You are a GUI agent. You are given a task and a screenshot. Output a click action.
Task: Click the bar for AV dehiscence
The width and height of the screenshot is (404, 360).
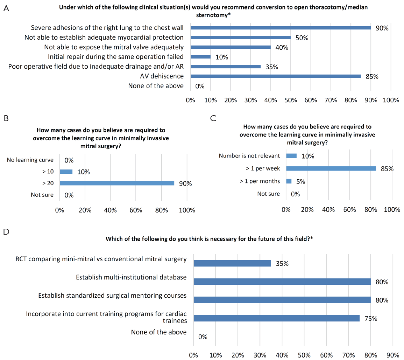(x=276, y=76)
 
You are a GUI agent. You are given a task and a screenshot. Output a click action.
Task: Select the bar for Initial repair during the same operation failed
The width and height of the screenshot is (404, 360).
(x=201, y=57)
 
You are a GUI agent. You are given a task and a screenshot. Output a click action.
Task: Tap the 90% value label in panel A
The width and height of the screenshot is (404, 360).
(x=382, y=28)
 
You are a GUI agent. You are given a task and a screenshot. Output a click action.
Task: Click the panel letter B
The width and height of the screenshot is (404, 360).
(x=6, y=118)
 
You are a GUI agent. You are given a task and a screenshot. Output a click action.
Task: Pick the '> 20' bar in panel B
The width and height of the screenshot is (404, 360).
(x=117, y=184)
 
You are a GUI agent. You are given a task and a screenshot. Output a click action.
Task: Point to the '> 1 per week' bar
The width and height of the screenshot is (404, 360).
(x=331, y=169)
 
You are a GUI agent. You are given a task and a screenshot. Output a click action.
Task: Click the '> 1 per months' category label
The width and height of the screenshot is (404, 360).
(x=260, y=181)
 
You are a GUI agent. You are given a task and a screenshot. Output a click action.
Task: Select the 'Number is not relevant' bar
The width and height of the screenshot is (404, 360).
(x=291, y=156)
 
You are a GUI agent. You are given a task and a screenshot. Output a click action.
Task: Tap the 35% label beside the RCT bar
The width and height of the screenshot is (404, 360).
(x=282, y=264)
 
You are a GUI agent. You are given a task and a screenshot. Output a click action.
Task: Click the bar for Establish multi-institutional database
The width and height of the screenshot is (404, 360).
(x=282, y=282)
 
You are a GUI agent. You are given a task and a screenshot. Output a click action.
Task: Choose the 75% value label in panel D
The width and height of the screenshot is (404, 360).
(x=371, y=318)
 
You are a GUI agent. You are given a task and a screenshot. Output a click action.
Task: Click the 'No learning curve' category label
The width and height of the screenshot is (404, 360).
(x=30, y=160)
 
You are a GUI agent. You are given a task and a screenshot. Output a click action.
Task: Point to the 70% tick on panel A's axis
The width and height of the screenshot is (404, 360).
(x=331, y=100)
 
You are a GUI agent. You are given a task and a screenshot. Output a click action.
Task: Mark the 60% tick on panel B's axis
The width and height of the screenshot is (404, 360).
(x=136, y=210)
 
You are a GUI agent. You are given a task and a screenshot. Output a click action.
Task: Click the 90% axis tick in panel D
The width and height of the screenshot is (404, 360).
(x=393, y=355)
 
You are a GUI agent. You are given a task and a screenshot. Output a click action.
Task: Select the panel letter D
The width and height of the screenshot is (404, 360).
(x=6, y=231)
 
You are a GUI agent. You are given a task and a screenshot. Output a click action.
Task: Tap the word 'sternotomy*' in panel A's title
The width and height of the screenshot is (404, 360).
(x=213, y=15)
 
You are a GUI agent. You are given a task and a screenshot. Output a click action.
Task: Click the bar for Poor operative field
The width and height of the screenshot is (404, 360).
(x=226, y=67)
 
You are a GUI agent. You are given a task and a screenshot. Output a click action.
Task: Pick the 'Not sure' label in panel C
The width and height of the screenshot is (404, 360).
(x=269, y=194)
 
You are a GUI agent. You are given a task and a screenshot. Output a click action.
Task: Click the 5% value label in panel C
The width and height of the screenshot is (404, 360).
(x=301, y=181)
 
